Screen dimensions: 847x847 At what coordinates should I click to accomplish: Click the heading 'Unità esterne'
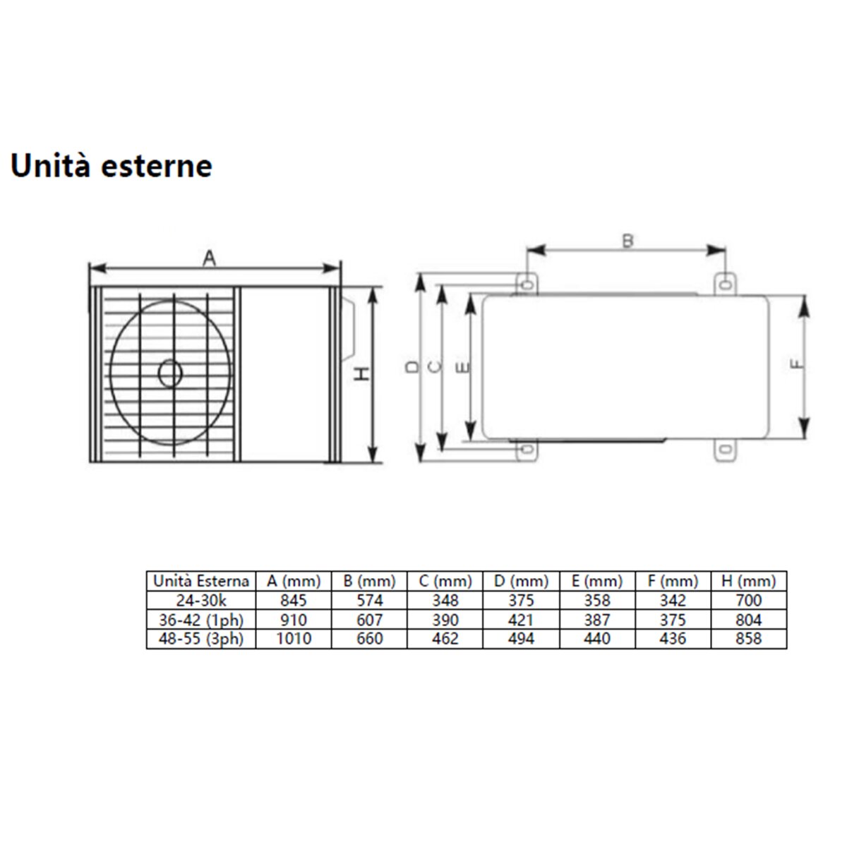tap(112, 166)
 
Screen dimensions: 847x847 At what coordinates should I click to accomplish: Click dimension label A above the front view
tap(209, 259)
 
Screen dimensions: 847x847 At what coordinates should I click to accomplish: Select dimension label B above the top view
tap(627, 241)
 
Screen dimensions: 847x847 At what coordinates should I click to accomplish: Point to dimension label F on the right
tap(796, 364)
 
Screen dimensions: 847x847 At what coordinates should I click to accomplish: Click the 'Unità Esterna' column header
tap(201, 581)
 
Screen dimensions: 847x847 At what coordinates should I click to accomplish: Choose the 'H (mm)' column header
tap(748, 581)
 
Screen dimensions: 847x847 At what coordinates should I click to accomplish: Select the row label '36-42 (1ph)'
tap(201, 620)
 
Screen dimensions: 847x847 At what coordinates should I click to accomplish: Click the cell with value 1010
tap(294, 639)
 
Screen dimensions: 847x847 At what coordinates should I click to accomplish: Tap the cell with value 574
tap(370, 601)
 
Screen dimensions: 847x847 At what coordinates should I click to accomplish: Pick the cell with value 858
tap(748, 639)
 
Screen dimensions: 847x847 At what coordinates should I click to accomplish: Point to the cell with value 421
tap(521, 620)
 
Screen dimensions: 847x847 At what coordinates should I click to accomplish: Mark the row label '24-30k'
tap(201, 601)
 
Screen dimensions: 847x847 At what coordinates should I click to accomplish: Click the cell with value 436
tap(673, 639)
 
